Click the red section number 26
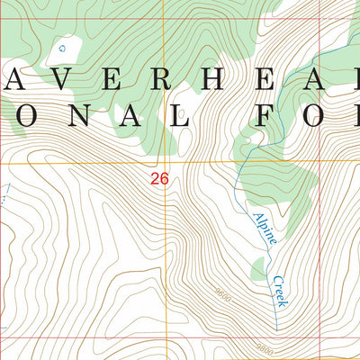pyautogui.click(x=159, y=179)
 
